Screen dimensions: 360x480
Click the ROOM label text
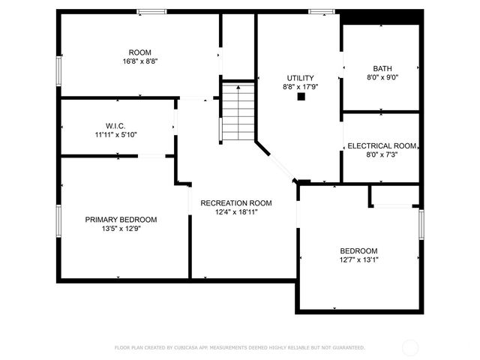(x=139, y=52)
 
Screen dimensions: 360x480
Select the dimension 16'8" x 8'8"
(x=139, y=61)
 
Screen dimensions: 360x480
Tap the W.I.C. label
(x=115, y=125)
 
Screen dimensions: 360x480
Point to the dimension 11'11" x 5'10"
(x=115, y=135)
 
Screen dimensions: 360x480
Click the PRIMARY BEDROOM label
(x=121, y=220)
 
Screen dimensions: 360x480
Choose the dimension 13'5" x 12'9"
(x=121, y=229)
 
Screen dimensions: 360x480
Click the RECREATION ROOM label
(x=235, y=203)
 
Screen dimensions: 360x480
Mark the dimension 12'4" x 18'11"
(x=235, y=212)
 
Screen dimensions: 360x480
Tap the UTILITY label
(x=300, y=78)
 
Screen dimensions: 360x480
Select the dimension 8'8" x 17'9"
(x=300, y=87)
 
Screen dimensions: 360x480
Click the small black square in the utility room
(x=301, y=97)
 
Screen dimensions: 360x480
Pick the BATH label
(x=382, y=68)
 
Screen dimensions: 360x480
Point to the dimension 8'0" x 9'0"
(x=382, y=77)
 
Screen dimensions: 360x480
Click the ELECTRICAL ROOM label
(x=382, y=145)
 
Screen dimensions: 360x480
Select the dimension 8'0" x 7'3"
(x=382, y=155)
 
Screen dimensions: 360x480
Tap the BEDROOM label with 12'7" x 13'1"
(x=358, y=250)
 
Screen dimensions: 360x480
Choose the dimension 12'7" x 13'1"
(x=358, y=260)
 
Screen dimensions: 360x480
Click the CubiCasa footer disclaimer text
(x=239, y=348)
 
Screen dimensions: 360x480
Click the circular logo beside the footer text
(x=410, y=348)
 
